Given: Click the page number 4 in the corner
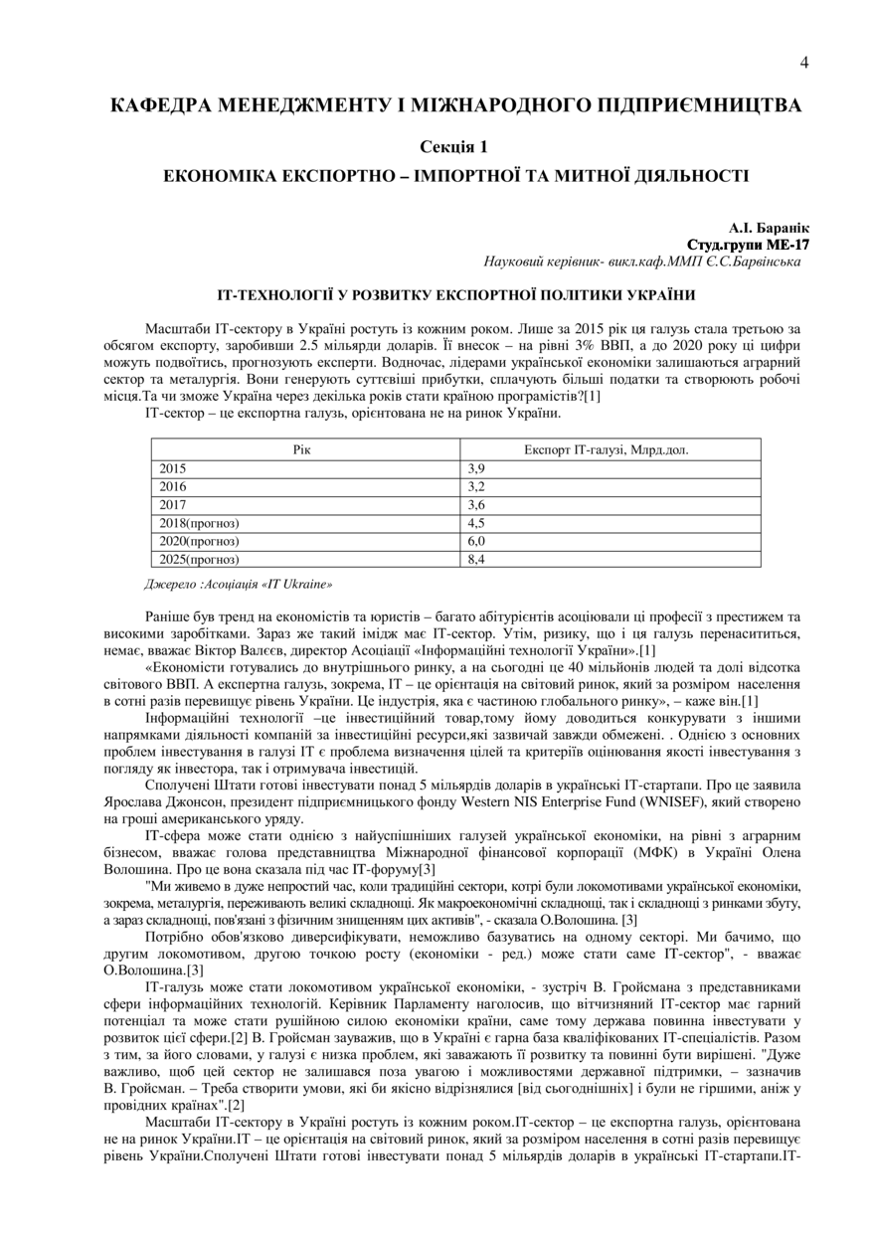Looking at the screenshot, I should [x=804, y=63].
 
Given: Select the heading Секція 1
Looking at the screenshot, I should [x=453, y=147].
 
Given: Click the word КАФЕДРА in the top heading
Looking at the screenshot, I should [x=161, y=104].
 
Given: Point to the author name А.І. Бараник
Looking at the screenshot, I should [x=764, y=229].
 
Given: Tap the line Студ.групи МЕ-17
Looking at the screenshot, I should [x=748, y=245].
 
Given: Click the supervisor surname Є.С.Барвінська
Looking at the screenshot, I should [x=751, y=262].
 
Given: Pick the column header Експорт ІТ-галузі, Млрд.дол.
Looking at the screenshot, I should [x=607, y=449].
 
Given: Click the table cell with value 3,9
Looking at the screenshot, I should [x=476, y=468].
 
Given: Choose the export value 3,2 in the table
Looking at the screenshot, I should [x=476, y=486].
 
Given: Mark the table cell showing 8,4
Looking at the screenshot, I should [x=476, y=559].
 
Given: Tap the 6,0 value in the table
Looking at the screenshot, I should [x=476, y=541].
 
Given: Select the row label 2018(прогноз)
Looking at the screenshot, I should [x=200, y=523].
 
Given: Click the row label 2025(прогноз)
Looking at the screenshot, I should [x=200, y=559].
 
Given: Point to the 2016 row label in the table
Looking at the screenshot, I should [x=173, y=486].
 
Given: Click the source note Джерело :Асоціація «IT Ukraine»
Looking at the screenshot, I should [x=239, y=585].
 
